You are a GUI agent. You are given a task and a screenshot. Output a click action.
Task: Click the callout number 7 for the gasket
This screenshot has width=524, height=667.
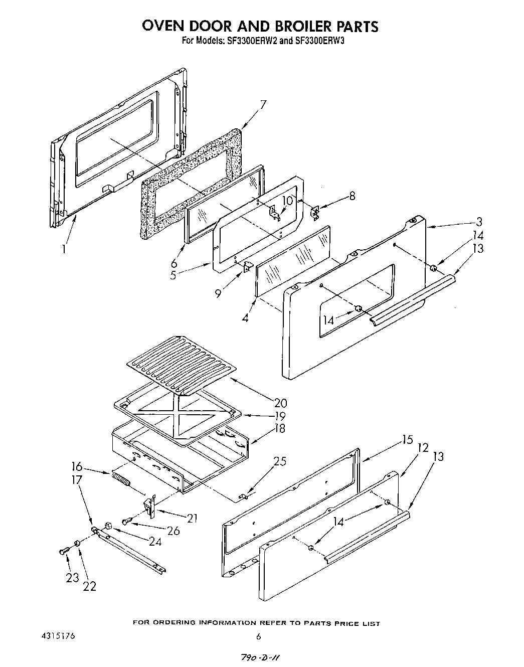[x=263, y=105]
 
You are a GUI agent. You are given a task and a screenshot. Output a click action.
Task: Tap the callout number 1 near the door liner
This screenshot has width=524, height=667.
[x=64, y=248]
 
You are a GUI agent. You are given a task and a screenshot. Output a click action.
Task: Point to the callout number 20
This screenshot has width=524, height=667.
[x=281, y=402]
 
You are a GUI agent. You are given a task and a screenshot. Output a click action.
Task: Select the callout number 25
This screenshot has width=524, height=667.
[x=280, y=461]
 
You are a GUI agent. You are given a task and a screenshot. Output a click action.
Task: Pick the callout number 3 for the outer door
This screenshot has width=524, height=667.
[x=479, y=221]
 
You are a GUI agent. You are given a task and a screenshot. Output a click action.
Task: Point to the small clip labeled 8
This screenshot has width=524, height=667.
[x=314, y=213]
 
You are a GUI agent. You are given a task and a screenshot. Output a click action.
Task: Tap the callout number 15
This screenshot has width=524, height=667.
[x=407, y=440]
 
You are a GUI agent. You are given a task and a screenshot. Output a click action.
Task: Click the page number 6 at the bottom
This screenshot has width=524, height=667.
[x=259, y=637]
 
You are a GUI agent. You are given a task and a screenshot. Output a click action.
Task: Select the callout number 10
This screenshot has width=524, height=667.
[x=287, y=201]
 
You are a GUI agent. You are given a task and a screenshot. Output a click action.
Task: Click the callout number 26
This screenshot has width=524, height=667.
[x=173, y=530]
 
